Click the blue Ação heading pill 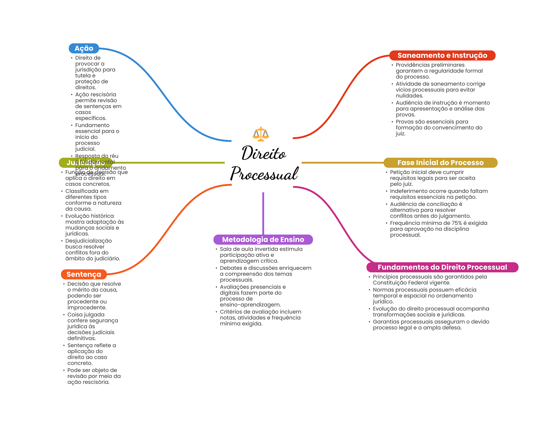pyautogui.click(x=84, y=48)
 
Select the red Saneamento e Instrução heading pyautogui.click(x=442, y=55)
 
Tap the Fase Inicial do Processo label pyautogui.click(x=440, y=163)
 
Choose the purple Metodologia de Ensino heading pyautogui.click(x=263, y=239)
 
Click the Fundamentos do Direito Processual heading pyautogui.click(x=442, y=267)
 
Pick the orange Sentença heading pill pyautogui.click(x=84, y=274)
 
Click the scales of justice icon pyautogui.click(x=261, y=134)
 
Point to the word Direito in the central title pyautogui.click(x=264, y=153)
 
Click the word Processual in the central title pyautogui.click(x=264, y=174)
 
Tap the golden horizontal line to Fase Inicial pyautogui.click(x=342, y=163)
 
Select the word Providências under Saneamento pyautogui.click(x=411, y=65)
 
